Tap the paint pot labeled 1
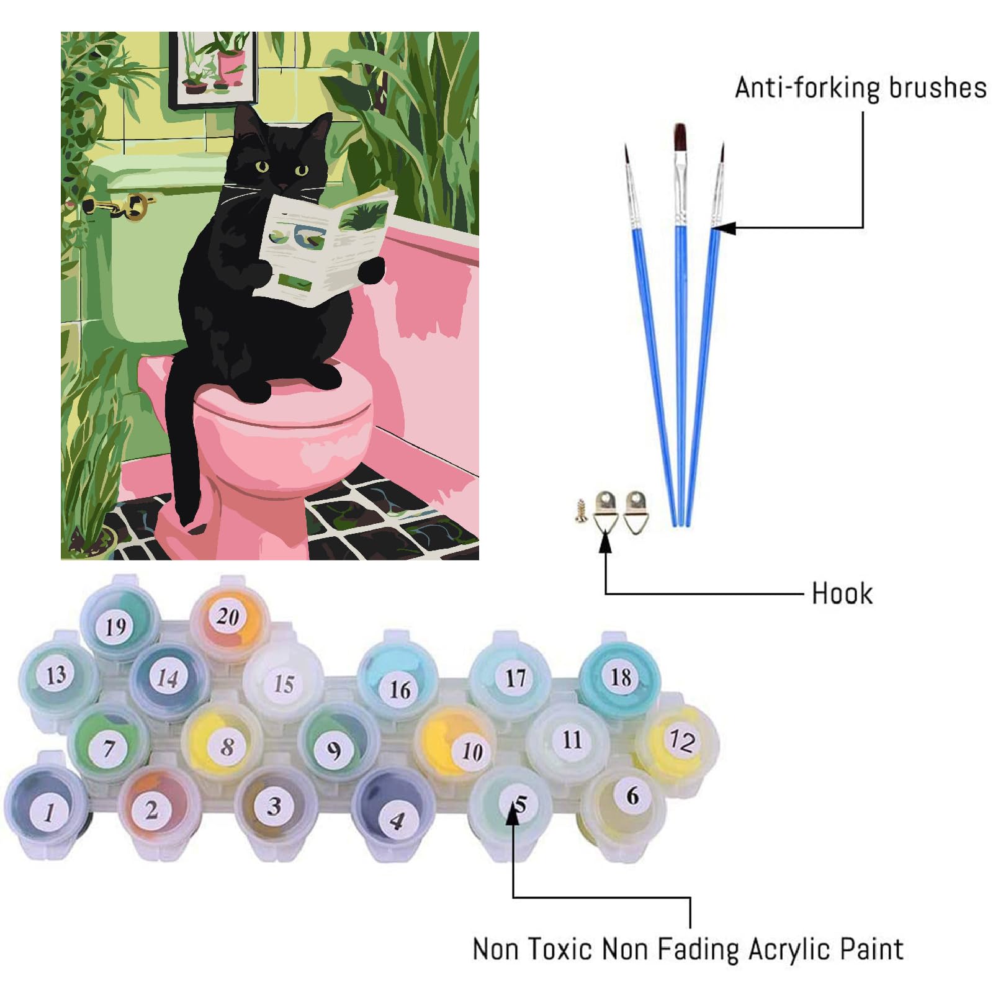coord(47,807)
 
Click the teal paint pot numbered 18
coord(620,676)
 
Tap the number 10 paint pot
coord(457,745)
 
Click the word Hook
coord(842,593)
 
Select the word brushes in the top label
coord(937,88)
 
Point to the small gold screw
coord(582,510)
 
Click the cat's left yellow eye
coord(263,166)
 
